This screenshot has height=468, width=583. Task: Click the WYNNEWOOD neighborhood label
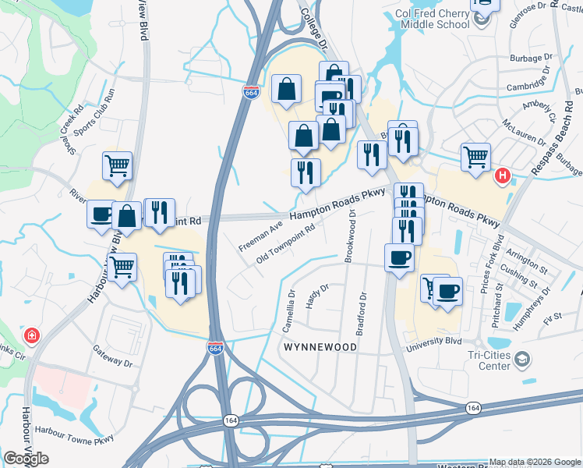click(320, 346)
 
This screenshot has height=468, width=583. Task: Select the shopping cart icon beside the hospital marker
click(475, 157)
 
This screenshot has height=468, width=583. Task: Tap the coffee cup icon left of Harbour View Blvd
click(101, 214)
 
